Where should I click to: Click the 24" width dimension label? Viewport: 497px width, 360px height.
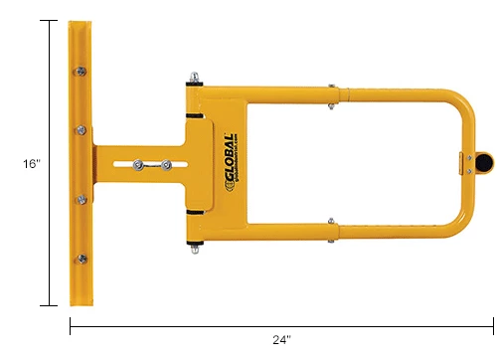tap(281, 340)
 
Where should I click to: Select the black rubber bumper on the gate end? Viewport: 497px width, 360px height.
tap(482, 159)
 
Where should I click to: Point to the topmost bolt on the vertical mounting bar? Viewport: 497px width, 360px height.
tap(79, 72)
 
